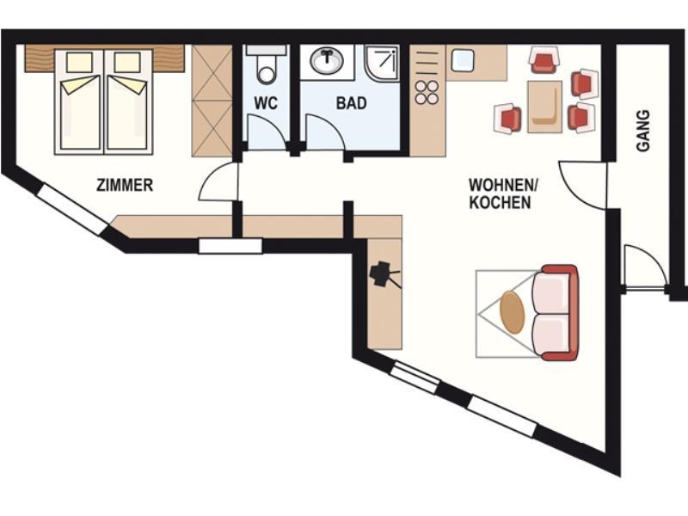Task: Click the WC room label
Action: pos(266,103)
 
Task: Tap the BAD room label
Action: pos(351,103)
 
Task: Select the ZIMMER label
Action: pos(125,185)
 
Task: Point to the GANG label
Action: pos(642,131)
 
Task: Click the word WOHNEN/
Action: pos(503,185)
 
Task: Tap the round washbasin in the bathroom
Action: pos(327,61)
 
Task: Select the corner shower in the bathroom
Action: pos(382,63)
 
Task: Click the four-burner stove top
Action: pos(427,92)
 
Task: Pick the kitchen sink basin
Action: pos(463,60)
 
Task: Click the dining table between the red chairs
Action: pos(544,107)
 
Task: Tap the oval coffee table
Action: pos(513,313)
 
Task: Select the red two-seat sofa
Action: pos(555,312)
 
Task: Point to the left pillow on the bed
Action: pos(79,63)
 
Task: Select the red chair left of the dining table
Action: pos(507,118)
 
